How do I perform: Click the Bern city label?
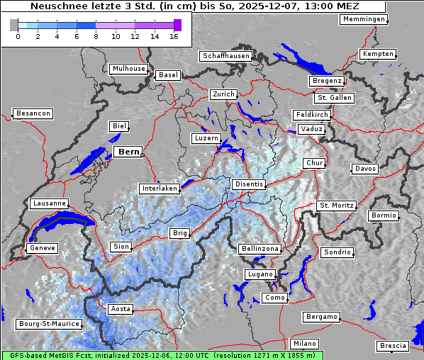tap(128, 152)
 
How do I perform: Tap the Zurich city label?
tap(223, 94)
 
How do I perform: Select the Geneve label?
tap(41, 248)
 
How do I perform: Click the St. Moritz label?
tap(336, 206)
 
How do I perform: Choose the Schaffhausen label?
tap(226, 56)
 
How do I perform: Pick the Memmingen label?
tap(364, 19)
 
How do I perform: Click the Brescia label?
tap(393, 346)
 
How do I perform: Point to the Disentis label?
tap(248, 184)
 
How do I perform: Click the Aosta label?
tap(120, 309)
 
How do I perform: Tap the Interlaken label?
tap(159, 189)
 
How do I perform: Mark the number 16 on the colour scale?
tap(174, 36)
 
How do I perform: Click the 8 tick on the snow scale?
tap(96, 36)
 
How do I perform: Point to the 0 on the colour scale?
tap(18, 36)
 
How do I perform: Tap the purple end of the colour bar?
tap(177, 25)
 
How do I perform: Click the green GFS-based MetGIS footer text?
tap(162, 355)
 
